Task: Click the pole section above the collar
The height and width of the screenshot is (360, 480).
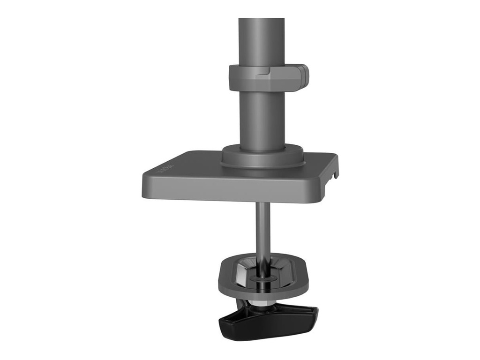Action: pyautogui.click(x=261, y=40)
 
